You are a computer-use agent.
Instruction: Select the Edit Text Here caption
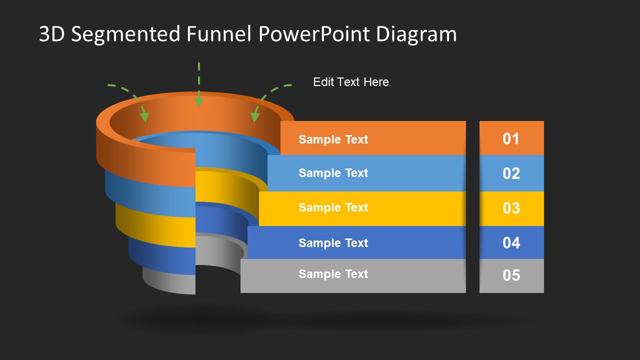(x=350, y=82)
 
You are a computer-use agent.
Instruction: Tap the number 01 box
(x=511, y=138)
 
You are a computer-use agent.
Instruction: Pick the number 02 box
(x=511, y=173)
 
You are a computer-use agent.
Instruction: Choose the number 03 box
(x=511, y=208)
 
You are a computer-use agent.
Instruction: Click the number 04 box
(x=511, y=242)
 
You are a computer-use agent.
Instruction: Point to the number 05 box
(x=511, y=275)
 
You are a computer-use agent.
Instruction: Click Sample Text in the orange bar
(x=333, y=139)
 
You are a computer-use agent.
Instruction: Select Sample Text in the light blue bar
(x=333, y=173)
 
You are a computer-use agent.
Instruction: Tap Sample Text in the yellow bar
(x=333, y=207)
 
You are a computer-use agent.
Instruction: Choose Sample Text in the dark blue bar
(x=333, y=243)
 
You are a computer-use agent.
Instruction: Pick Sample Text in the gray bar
(x=333, y=274)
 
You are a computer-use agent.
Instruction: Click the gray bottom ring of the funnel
(x=170, y=282)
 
